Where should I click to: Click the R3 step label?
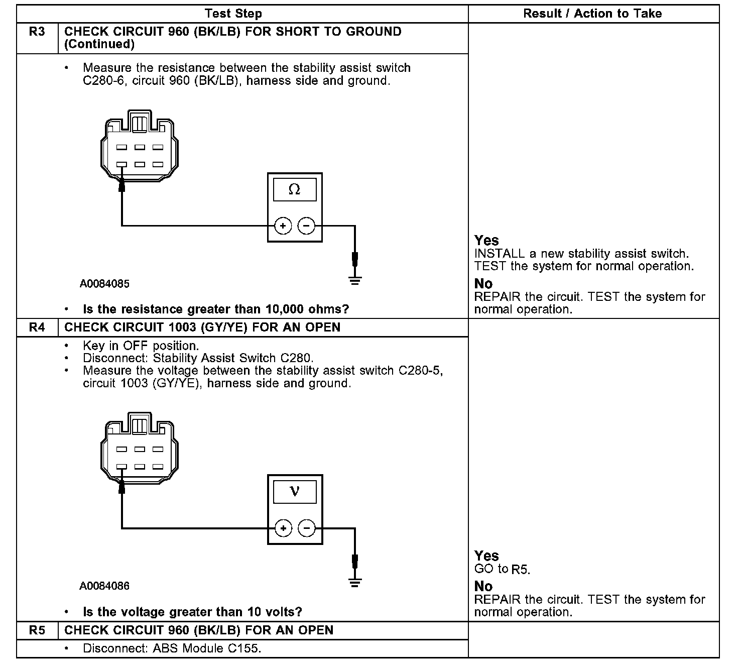coord(37,32)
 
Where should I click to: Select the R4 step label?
coord(37,327)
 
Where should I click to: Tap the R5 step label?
coord(37,630)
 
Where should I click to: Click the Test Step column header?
coord(233,14)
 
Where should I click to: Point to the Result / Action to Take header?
coord(592,14)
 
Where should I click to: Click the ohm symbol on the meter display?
coord(295,190)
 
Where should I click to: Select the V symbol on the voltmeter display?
coord(295,491)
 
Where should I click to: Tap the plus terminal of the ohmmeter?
coord(283,226)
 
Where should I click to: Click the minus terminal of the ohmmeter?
coord(306,226)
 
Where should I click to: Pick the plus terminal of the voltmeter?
coord(283,528)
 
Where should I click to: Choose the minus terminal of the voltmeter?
coord(306,528)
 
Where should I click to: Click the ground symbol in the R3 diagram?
coord(355,280)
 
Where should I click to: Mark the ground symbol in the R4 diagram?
coord(355,583)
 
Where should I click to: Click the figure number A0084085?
coord(104,284)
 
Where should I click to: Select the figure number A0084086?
coord(104,586)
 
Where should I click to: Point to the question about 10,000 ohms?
coord(216,309)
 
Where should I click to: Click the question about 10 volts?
coord(192,612)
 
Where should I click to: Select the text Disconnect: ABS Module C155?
coord(172,648)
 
